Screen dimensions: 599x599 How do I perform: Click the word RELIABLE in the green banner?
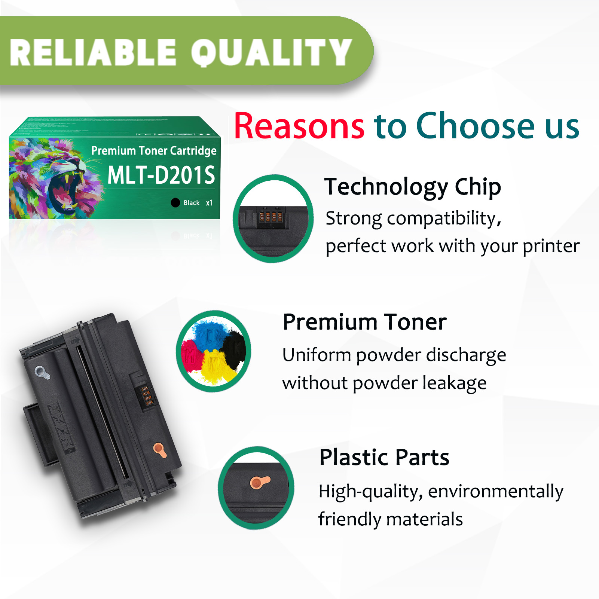(93, 52)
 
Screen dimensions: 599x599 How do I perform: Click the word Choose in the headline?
(476, 126)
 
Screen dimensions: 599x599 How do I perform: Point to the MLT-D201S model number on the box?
(161, 175)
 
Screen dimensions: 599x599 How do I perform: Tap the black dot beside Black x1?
(175, 203)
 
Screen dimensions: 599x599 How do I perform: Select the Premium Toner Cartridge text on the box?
(154, 150)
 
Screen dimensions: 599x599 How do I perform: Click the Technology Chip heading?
(413, 187)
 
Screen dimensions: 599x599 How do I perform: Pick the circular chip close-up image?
(273, 219)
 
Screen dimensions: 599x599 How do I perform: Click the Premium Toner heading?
(365, 322)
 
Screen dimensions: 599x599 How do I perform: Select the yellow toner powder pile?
(214, 366)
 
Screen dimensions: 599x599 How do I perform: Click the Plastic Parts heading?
(384, 457)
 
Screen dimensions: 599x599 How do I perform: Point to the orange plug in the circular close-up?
(259, 482)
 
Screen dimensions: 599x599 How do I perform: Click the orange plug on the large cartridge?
(160, 450)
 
